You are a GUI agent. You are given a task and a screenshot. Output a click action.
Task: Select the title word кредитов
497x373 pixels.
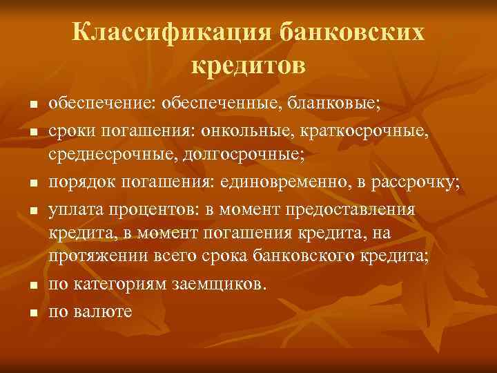247,66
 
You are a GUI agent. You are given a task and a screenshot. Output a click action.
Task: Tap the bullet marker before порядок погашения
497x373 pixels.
32,183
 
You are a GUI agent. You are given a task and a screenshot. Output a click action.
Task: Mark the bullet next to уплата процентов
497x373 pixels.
32,209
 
